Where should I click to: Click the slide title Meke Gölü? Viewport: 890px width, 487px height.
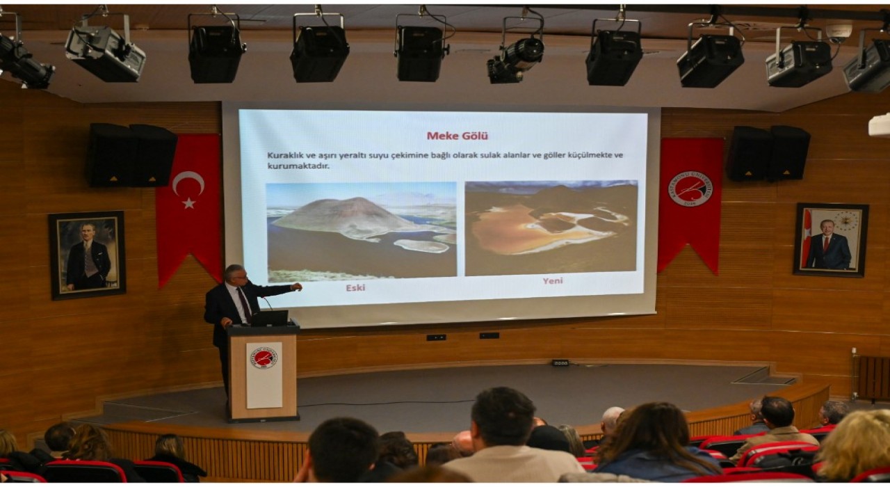click(457, 136)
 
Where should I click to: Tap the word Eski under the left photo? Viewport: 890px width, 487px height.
click(355, 287)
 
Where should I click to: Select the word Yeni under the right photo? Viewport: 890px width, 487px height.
click(553, 281)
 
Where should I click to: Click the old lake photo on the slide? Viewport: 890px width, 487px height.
click(361, 231)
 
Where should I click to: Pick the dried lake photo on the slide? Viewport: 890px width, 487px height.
click(551, 227)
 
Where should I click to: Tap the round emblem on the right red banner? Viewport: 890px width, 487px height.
click(690, 188)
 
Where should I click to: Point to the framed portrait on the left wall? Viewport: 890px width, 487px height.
click(88, 255)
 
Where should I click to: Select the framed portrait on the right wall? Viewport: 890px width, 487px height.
click(830, 239)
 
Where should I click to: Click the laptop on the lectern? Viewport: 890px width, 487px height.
click(270, 319)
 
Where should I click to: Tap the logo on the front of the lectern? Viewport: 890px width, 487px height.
click(264, 358)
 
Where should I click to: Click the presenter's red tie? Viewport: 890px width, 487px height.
click(244, 303)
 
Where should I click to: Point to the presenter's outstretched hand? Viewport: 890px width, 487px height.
click(297, 286)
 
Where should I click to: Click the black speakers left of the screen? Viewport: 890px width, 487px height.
click(131, 155)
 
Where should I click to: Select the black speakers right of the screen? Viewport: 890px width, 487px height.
click(768, 153)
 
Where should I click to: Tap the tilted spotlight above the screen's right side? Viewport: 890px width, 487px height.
click(515, 59)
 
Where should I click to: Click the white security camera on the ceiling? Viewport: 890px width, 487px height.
click(839, 31)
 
